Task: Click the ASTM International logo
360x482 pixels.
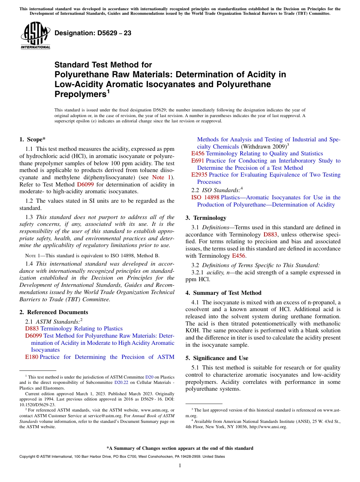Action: (x=35, y=36)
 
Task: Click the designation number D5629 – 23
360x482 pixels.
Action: (x=93, y=33)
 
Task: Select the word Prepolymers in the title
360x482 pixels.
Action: (x=80, y=94)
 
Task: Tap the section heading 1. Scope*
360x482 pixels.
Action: (x=32, y=139)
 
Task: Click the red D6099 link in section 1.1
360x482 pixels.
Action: (x=85, y=185)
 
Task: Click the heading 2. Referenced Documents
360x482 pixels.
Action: (x=53, y=312)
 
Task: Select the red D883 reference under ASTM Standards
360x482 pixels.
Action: (x=32, y=329)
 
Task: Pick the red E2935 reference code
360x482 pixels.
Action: (x=199, y=175)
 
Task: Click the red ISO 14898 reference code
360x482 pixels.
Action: (x=205, y=197)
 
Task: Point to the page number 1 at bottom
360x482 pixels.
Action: (x=180, y=466)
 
